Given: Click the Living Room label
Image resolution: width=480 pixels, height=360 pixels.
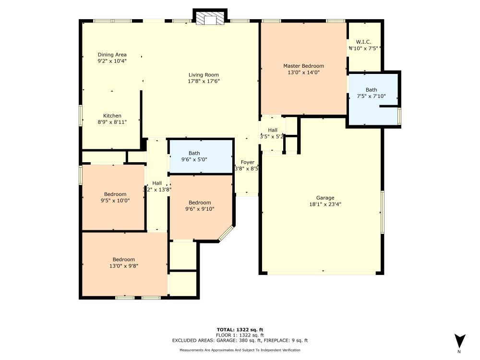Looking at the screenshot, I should click(x=204, y=75).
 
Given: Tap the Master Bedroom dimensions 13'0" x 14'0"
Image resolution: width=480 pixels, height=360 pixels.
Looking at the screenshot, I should click(x=303, y=72).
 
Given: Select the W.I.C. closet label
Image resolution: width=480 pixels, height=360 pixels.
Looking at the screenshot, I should click(x=363, y=42).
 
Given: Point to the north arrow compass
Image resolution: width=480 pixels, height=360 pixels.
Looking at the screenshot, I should click(x=459, y=341).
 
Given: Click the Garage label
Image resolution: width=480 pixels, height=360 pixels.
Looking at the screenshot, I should click(x=325, y=198).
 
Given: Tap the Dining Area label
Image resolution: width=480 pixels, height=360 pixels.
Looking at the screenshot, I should click(x=112, y=55).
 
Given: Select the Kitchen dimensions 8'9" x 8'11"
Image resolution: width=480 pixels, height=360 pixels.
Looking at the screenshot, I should click(x=112, y=122).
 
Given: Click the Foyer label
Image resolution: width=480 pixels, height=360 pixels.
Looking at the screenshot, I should click(x=247, y=162).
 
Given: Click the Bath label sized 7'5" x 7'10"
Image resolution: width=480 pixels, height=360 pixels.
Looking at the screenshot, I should click(x=371, y=90).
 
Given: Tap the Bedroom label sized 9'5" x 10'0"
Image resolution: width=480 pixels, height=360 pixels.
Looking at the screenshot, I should click(x=115, y=194).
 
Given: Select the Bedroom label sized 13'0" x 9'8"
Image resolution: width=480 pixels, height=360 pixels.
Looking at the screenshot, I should click(x=124, y=260).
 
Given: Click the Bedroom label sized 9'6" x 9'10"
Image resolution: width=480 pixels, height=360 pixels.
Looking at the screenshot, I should click(x=200, y=203).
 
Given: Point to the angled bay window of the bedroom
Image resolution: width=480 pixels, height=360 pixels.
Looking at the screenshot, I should click(x=226, y=233).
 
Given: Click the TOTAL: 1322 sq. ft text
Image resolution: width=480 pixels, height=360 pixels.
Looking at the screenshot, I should click(x=240, y=329).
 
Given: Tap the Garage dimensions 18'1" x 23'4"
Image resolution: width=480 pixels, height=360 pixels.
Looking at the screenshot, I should click(x=325, y=204).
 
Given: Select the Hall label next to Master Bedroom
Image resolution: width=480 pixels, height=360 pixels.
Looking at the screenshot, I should click(x=273, y=130).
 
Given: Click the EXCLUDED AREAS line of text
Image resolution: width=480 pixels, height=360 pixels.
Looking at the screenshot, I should click(x=240, y=340).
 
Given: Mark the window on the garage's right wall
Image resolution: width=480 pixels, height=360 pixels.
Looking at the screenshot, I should click(x=383, y=212).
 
